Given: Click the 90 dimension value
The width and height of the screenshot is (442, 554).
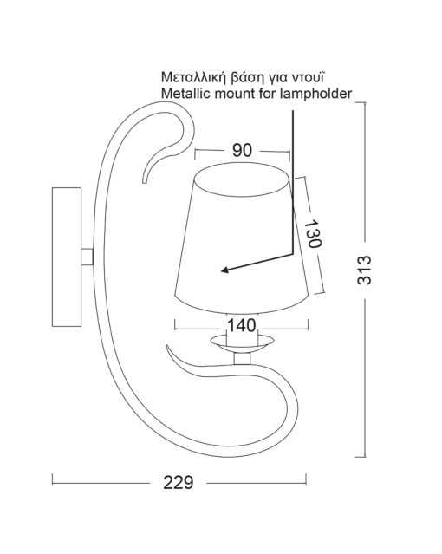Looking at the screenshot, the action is point(242,151).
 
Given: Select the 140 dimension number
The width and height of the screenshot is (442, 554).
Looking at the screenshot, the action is point(241,325).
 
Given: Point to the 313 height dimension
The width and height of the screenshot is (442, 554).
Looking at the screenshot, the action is point(364,270).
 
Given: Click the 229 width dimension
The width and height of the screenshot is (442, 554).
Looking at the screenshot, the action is point(179,482).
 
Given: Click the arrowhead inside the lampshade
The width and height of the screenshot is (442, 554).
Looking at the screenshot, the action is point(226,270).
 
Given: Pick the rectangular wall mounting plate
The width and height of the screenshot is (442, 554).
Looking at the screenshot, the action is point(67,257).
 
